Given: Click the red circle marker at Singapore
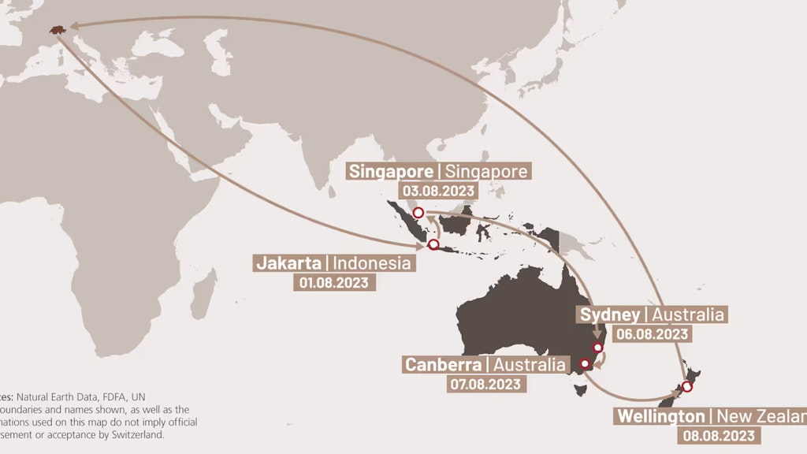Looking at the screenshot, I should tap(418, 212).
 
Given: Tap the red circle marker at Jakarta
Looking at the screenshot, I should tap(433, 245).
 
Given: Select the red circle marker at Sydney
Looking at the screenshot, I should tap(597, 348).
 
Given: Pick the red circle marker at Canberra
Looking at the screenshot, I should tap(585, 364).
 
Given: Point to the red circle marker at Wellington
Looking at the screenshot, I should tap(687, 386).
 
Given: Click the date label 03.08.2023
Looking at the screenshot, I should tap(439, 191).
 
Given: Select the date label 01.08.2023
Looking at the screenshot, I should tap(333, 282).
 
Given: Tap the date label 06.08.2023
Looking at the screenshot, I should tap(653, 334).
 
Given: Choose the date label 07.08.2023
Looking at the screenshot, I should tap(485, 384).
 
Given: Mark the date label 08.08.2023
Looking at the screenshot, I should tap(719, 435).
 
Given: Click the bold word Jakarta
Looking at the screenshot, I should tap(288, 262).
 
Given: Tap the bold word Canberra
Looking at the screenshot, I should tap(442, 364).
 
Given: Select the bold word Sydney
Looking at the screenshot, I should tap(610, 314).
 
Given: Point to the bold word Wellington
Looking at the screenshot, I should tap(661, 415).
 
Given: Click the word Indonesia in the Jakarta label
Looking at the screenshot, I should tap(371, 262).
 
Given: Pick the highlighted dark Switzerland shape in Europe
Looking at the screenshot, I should tap(57, 29).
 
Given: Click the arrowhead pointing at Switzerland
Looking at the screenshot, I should tap(75, 26).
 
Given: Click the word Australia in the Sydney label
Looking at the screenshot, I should tap(688, 314).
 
